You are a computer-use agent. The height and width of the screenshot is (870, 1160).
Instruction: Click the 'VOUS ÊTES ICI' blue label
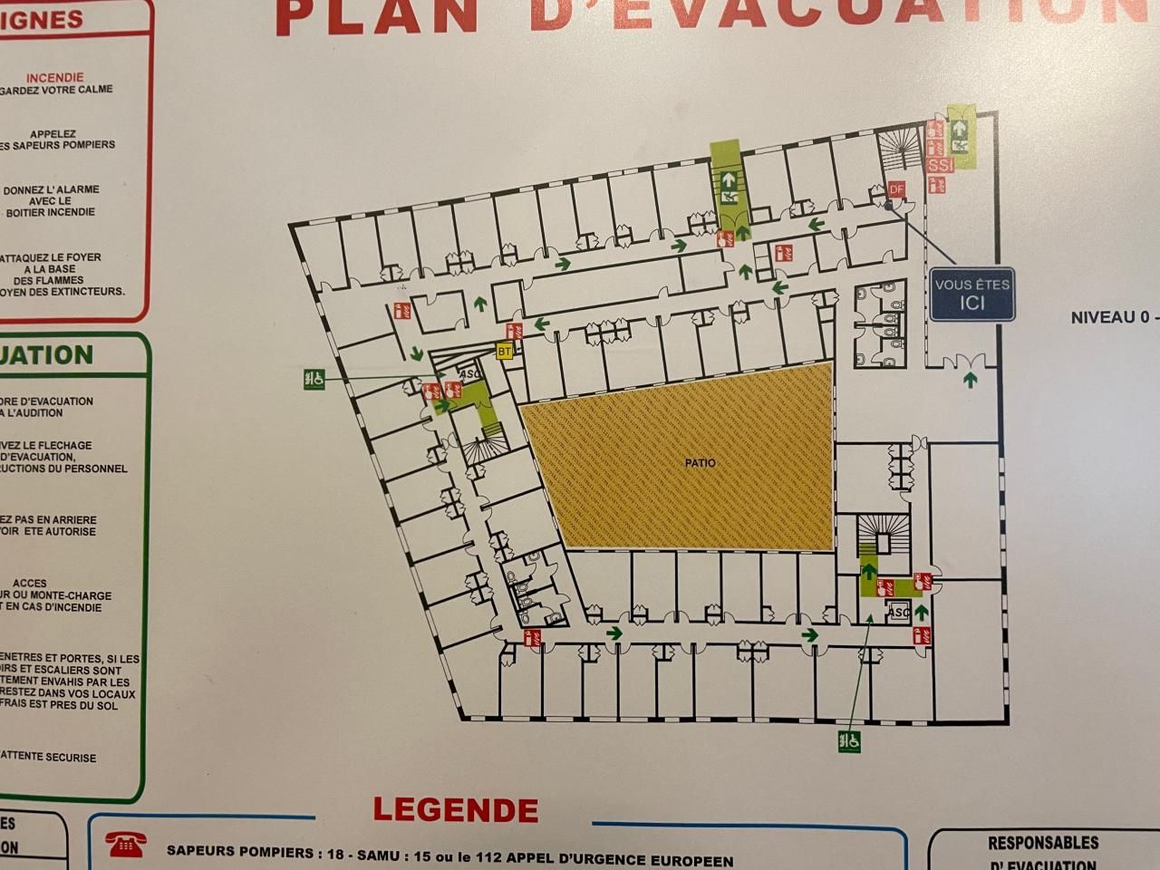click(x=972, y=294)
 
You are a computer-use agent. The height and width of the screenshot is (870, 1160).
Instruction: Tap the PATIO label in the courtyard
click(x=700, y=463)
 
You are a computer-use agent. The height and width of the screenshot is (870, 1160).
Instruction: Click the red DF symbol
click(x=896, y=188)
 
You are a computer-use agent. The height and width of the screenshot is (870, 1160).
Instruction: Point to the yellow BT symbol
click(x=505, y=352)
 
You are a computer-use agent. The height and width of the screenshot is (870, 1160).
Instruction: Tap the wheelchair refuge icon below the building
click(x=849, y=741)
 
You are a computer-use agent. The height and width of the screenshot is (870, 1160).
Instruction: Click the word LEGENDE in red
click(x=456, y=809)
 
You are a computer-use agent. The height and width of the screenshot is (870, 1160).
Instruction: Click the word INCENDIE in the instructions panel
click(x=55, y=78)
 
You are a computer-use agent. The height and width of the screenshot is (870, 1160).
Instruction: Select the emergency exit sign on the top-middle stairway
click(x=727, y=186)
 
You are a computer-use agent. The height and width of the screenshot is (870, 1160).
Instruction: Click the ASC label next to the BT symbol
click(x=469, y=373)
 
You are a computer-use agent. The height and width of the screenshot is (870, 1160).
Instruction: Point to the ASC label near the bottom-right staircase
click(x=898, y=613)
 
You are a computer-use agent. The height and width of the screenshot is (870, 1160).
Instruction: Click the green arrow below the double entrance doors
click(x=970, y=381)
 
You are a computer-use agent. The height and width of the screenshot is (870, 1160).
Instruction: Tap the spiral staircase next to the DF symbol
click(x=900, y=145)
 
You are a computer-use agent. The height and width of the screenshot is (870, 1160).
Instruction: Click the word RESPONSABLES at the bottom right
click(x=1042, y=843)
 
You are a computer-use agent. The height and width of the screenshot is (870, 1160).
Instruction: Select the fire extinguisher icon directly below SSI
click(x=938, y=186)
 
